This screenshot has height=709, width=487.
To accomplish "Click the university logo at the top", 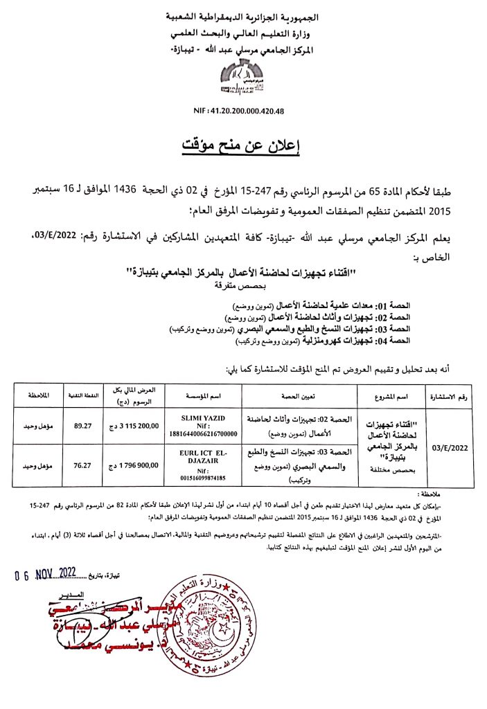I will click(243, 80).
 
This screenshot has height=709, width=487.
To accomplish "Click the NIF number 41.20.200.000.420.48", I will click(243, 111).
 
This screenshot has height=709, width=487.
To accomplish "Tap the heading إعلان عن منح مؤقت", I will click(243, 145).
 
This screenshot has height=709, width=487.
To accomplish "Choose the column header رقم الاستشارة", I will click(449, 395).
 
